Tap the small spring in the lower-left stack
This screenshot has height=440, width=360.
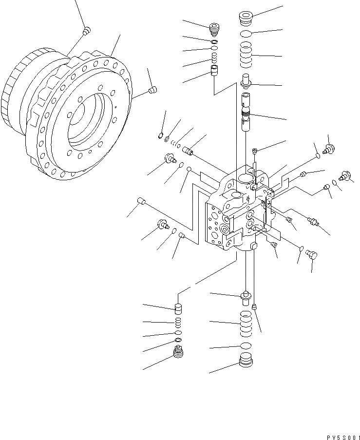pyautogui.click(x=179, y=322)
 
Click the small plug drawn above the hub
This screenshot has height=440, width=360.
pyautogui.click(x=86, y=31)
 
